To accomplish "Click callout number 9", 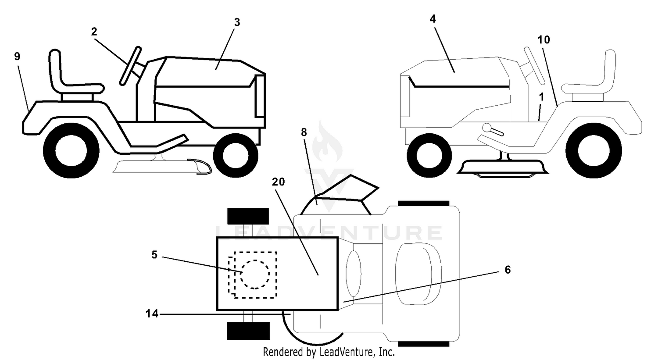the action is pos(18,56).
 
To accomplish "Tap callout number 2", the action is pos(94,32).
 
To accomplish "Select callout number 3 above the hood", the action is pos(237,22).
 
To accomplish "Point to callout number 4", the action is pos(433,19).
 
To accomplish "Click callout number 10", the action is pos(544,39).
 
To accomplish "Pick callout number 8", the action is pos(304,132).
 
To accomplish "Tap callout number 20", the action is pos(278,182).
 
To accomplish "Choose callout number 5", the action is pos(154,255).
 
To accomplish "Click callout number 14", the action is pos(152,314).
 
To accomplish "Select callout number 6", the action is pos(508,270).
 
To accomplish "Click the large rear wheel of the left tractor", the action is pos(71,151).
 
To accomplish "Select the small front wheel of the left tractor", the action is pos(236,155).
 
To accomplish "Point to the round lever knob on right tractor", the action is pos(486,128).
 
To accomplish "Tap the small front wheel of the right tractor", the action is pos(429,155).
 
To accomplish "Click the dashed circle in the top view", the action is pos(255,274).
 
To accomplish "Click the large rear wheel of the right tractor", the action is pos(594,151).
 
